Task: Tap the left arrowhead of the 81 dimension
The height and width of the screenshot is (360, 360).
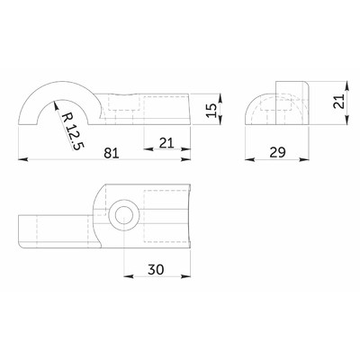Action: [x=21, y=161]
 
